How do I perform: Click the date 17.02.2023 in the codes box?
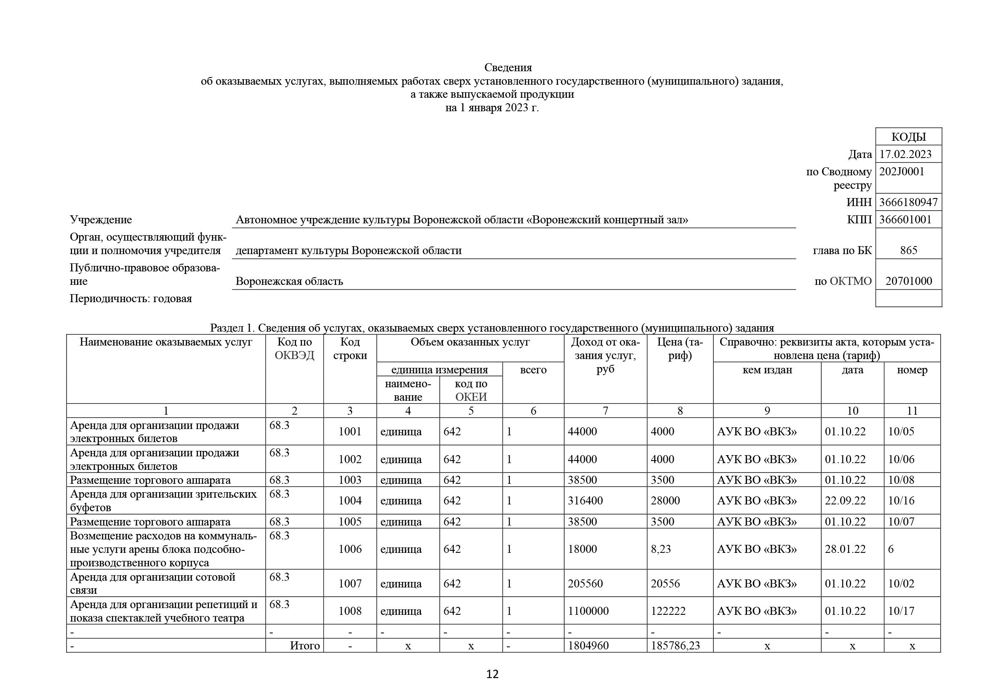click(905, 154)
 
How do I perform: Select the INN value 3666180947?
click(908, 202)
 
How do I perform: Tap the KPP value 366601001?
click(905, 220)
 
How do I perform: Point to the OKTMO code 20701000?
click(909, 281)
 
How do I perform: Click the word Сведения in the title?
click(508, 67)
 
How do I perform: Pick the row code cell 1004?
click(350, 501)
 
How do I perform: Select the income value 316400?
click(585, 501)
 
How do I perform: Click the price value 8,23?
click(661, 549)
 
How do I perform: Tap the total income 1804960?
click(588, 646)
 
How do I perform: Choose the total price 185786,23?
click(675, 646)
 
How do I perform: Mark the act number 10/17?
click(901, 611)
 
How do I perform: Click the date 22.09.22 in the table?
click(845, 501)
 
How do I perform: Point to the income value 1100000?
click(588, 611)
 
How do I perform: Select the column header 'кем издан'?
click(767, 370)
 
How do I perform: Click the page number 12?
click(492, 674)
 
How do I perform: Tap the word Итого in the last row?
click(304, 646)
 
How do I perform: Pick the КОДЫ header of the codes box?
click(908, 137)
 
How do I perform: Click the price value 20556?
click(665, 583)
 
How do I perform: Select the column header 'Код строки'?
click(350, 348)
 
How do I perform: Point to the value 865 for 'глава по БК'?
click(908, 250)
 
